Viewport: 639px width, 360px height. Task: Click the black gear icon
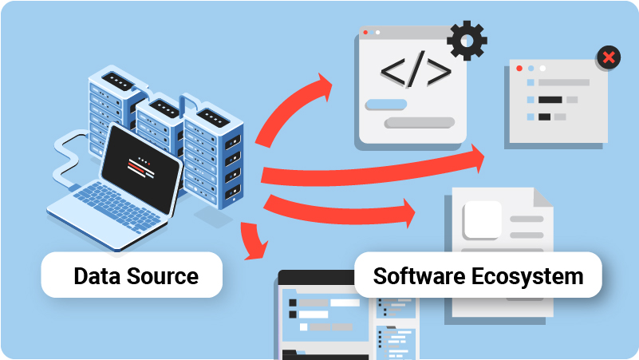[x=467, y=41]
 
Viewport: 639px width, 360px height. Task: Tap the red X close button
[x=609, y=57]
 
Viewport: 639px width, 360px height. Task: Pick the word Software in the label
[x=416, y=276]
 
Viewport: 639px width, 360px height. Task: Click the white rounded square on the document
[x=482, y=220]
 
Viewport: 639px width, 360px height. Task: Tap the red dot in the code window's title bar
[x=365, y=33]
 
